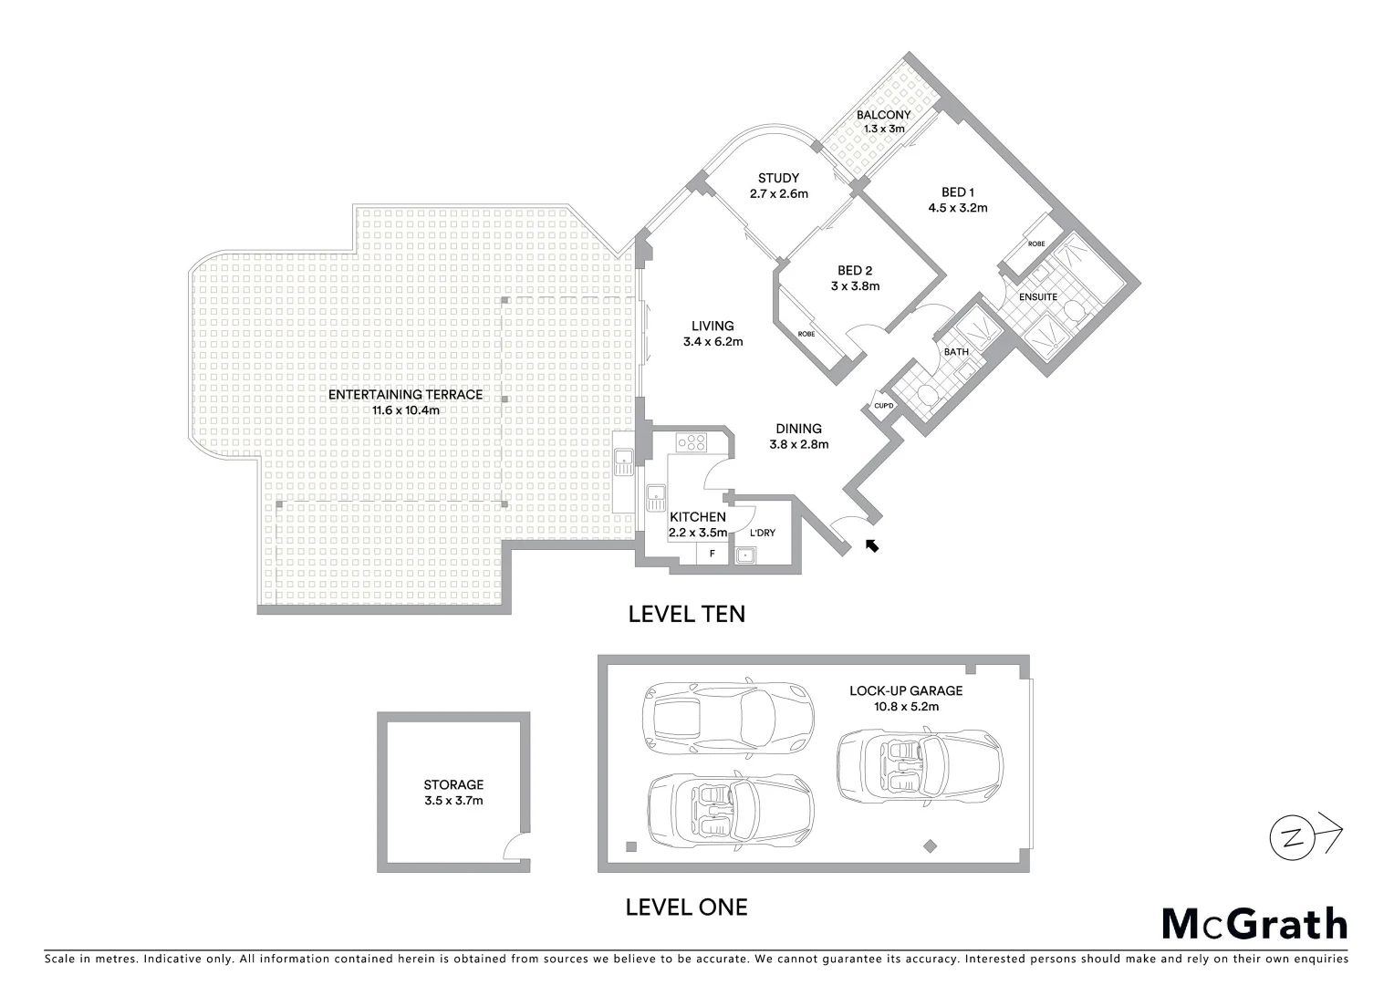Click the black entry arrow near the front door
coord(872,545)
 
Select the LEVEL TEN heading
coord(686,614)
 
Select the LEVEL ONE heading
coord(686,907)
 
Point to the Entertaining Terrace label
coord(405,395)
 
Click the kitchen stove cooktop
coord(692,443)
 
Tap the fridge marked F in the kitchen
coord(713,553)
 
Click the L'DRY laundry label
coord(762,533)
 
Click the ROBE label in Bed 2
coord(806,335)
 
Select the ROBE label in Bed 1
coord(1036,244)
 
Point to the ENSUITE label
coord(1038,297)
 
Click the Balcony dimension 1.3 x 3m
coord(883,129)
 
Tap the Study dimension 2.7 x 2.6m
coord(778,193)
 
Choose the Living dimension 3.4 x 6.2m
coord(713,342)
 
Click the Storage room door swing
coord(516,845)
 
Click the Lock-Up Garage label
coord(905,690)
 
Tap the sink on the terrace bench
coord(624,462)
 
